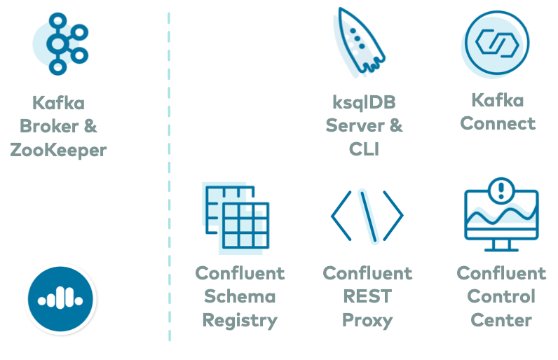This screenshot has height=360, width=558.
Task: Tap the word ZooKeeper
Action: tap(58, 150)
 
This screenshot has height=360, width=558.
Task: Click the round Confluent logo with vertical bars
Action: tap(61, 299)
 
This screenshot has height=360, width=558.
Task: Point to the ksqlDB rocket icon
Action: tap(357, 41)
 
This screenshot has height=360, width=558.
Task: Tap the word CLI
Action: tap(364, 148)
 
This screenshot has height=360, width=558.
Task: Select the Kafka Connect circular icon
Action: tap(496, 43)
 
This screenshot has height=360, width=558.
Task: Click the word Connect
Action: tap(498, 123)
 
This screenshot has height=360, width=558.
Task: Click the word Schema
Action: tap(240, 297)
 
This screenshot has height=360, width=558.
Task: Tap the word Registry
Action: tap(240, 321)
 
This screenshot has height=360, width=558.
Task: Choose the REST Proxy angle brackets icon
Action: tap(367, 216)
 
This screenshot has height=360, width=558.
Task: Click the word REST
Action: tap(367, 297)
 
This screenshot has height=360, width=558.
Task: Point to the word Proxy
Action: tap(367, 321)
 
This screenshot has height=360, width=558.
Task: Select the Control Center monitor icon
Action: tap(501, 217)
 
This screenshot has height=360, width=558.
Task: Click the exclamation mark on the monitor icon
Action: tap(501, 189)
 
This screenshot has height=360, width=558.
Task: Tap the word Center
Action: tap(501, 321)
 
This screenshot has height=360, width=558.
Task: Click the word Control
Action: tap(501, 297)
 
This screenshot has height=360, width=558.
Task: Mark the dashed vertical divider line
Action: tap(169, 175)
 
